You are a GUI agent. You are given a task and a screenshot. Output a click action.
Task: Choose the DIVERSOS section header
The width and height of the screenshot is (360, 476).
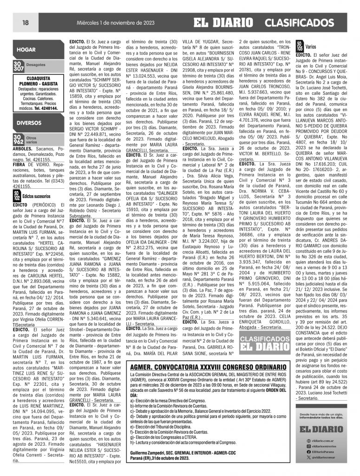pos(30,123)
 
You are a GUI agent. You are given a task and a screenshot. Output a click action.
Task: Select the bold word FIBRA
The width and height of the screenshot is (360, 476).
pos(20,165)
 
